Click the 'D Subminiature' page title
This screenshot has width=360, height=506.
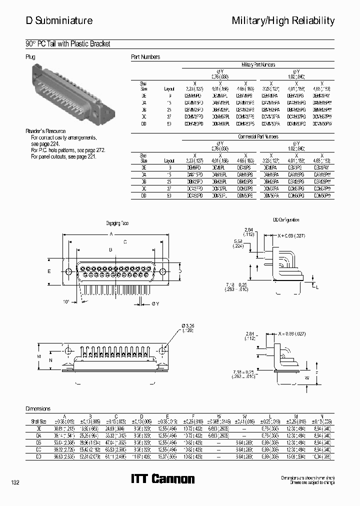tap(59, 20)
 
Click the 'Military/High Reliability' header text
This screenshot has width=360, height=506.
tap(283, 20)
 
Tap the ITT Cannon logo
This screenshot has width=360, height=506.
tap(162, 479)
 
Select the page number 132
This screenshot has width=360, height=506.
tap(15, 482)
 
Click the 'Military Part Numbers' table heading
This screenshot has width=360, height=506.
tap(258, 65)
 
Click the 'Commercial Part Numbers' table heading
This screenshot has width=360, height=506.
tap(258, 136)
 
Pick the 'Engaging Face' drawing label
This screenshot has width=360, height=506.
tap(117, 223)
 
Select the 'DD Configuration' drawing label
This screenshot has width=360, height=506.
tap(286, 220)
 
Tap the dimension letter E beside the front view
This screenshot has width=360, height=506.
tap(49, 271)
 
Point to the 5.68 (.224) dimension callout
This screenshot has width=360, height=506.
tap(238, 243)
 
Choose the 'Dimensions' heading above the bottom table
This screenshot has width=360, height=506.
tap(37, 408)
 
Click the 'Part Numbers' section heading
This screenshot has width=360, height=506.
tap(145, 57)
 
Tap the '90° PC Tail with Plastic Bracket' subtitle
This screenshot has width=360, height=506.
tap(67, 44)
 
